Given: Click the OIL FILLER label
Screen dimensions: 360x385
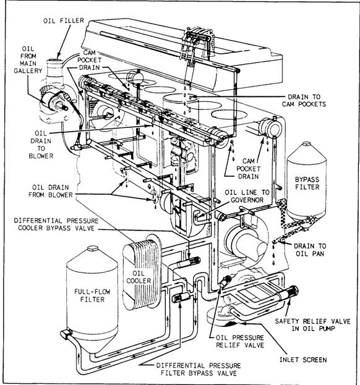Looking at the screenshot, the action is coord(64,20).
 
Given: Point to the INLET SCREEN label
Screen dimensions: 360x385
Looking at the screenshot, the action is coord(303,360).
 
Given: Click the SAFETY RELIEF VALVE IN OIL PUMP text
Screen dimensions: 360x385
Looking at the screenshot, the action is coord(313,325).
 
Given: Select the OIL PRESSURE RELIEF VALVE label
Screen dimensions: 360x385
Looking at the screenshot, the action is coord(240,341).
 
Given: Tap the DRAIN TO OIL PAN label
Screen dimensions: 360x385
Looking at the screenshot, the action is coord(310,250).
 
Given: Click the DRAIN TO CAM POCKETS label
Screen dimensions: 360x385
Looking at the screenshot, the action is coord(304,101).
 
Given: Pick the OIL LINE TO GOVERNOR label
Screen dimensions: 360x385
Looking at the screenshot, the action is coord(247,196).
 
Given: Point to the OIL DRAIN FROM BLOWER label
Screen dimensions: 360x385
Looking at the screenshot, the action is coord(51,192).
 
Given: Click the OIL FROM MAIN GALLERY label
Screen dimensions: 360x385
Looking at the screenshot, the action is coord(28,60).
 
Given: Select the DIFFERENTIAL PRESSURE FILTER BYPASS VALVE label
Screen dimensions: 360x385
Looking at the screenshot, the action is coord(199,370).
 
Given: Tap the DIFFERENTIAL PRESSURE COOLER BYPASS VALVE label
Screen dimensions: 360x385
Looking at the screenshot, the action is coord(56,224).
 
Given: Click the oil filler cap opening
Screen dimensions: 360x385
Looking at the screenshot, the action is coord(54,61).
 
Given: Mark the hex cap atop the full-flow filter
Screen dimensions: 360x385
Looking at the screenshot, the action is coord(92,248).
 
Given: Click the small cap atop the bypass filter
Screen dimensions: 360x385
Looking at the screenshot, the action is coord(306,143).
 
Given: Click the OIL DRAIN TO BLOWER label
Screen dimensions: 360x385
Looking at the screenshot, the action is coord(41,145).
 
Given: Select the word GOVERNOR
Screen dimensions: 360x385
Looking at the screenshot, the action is coord(247,200).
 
